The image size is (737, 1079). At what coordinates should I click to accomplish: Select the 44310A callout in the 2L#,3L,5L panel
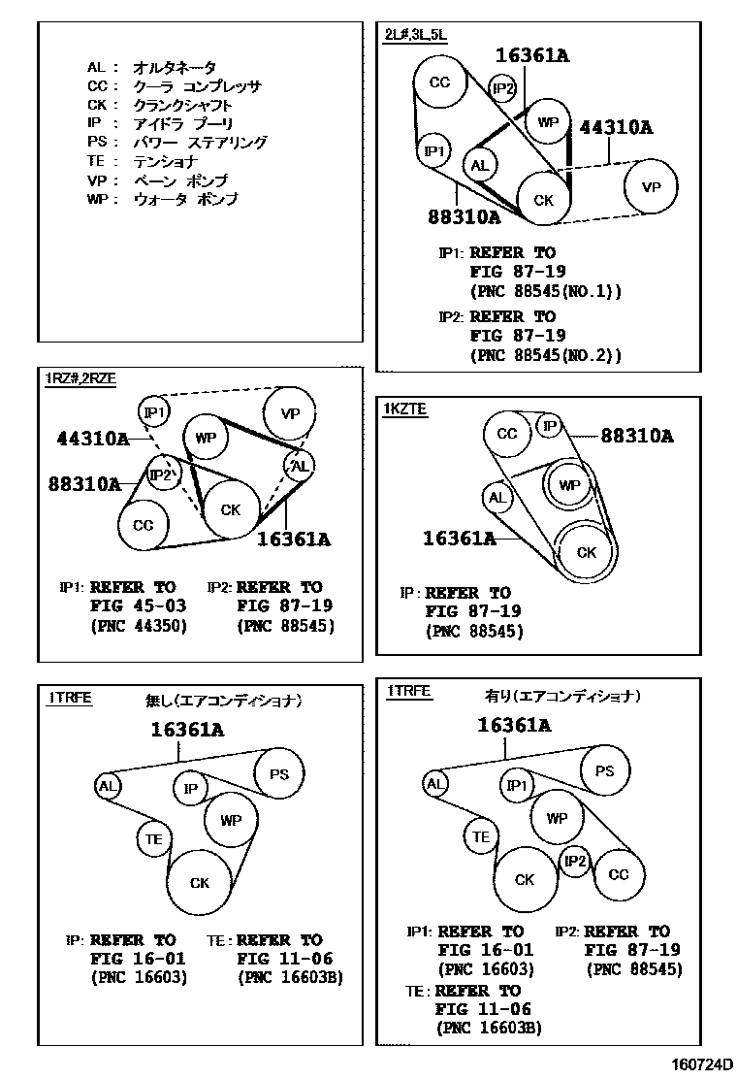616,127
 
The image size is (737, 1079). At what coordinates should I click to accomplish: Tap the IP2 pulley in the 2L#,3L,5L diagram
502,90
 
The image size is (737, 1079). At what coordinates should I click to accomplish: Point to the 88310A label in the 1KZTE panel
636,436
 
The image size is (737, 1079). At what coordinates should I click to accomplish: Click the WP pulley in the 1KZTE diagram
569,484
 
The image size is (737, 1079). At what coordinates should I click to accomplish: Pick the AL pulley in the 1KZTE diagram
497,499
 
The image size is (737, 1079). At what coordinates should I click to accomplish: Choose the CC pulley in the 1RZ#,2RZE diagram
143,526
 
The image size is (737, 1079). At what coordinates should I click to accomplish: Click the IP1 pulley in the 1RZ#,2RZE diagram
153,412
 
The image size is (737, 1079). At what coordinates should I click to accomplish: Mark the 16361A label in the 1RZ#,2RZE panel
294,539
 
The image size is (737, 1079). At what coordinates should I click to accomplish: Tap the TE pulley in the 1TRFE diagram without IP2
153,839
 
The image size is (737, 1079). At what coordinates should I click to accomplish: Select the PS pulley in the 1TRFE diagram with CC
604,771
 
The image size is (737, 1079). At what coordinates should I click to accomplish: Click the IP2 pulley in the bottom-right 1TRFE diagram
575,861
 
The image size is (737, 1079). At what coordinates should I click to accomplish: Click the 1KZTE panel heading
405,409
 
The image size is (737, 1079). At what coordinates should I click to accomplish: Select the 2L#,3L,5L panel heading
415,35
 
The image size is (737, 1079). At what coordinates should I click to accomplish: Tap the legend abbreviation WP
96,199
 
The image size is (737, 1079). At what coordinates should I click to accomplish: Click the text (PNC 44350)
138,626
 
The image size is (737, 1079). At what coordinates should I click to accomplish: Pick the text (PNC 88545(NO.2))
545,355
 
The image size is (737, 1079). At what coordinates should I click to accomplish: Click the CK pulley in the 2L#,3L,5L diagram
544,199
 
